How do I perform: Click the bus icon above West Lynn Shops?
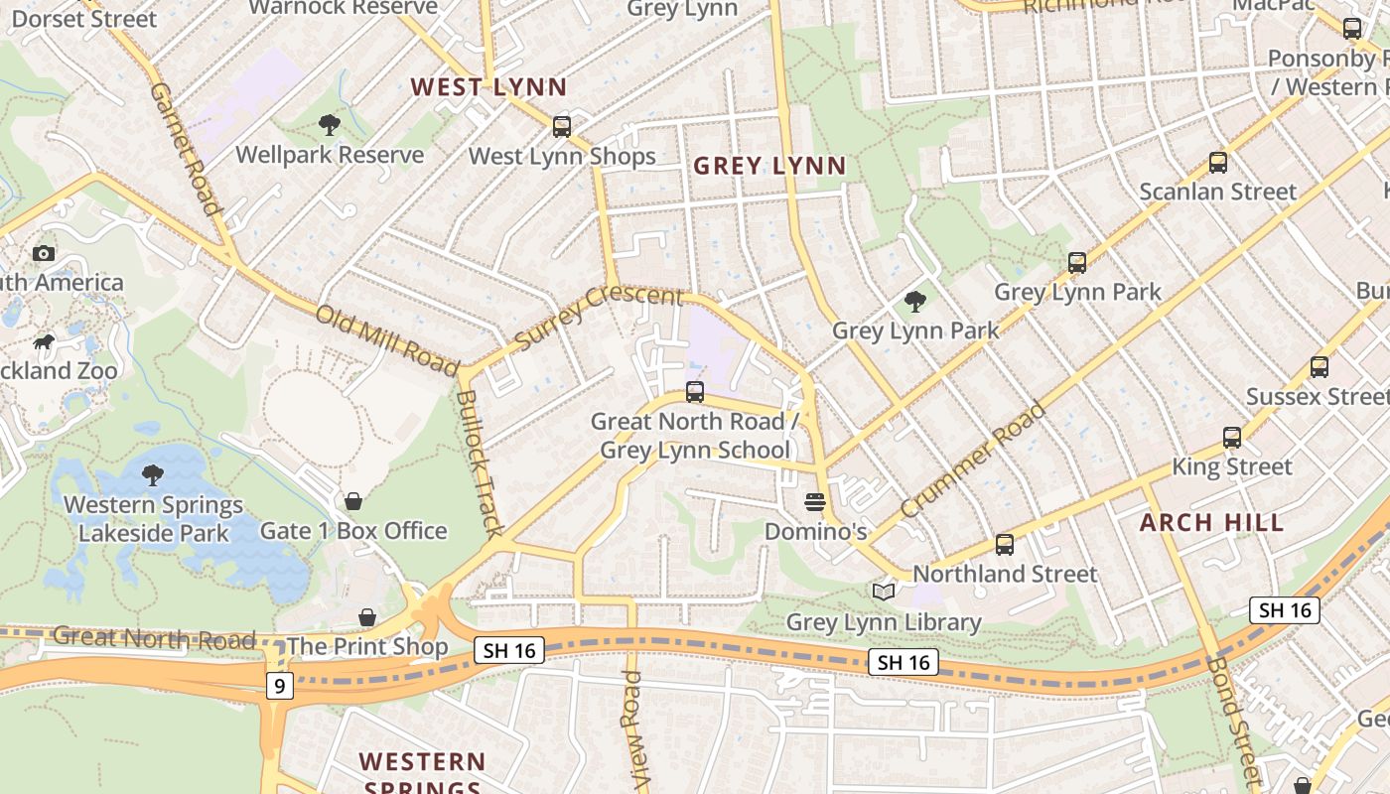pyautogui.click(x=562, y=126)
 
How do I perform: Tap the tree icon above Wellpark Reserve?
pyautogui.click(x=329, y=124)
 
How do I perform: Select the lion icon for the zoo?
pyautogui.click(x=44, y=342)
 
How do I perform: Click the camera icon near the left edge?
pyautogui.click(x=43, y=253)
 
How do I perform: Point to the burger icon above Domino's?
pyautogui.click(x=815, y=502)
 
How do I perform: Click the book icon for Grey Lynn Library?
pyautogui.click(x=883, y=593)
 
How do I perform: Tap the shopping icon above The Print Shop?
pyautogui.click(x=367, y=617)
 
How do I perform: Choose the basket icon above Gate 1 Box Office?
pyautogui.click(x=352, y=501)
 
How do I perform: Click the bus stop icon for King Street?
pyautogui.click(x=1231, y=437)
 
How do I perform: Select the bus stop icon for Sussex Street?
pyautogui.click(x=1319, y=367)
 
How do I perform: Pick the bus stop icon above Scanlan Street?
pyautogui.click(x=1217, y=163)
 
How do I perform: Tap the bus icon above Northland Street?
pyautogui.click(x=1005, y=545)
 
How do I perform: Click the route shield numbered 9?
pyautogui.click(x=279, y=685)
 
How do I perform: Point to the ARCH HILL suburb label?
pyautogui.click(x=1211, y=522)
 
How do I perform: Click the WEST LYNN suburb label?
pyautogui.click(x=488, y=86)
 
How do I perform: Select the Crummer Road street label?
pyautogui.click(x=972, y=459)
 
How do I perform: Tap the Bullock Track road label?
pyautogui.click(x=480, y=463)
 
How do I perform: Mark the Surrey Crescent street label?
pyautogui.click(x=599, y=316)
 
